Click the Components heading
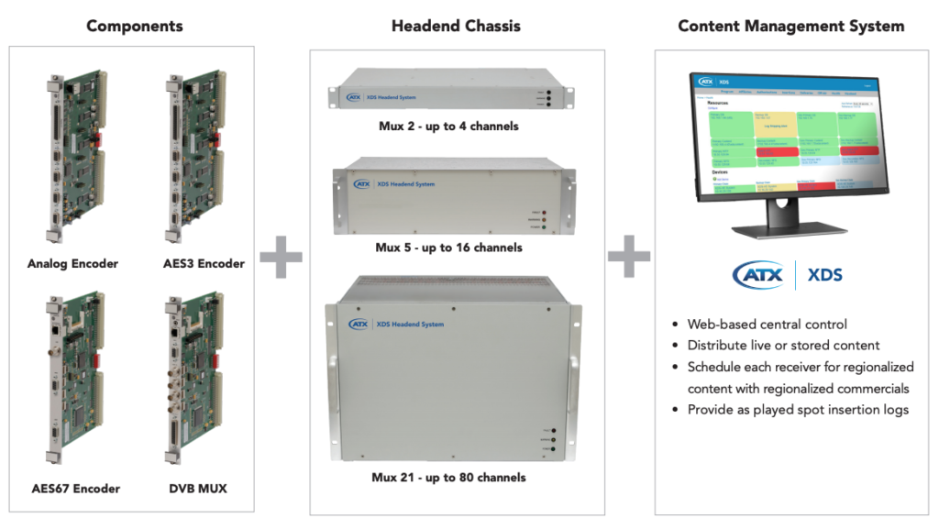coord(135,26)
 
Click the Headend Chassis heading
coord(456,26)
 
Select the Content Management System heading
coord(790,26)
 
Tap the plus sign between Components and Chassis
coord(281,256)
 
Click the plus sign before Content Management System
coord(629,256)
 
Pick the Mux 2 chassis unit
coord(447,96)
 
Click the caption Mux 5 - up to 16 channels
coord(448,248)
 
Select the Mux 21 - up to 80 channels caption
coord(448,477)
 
